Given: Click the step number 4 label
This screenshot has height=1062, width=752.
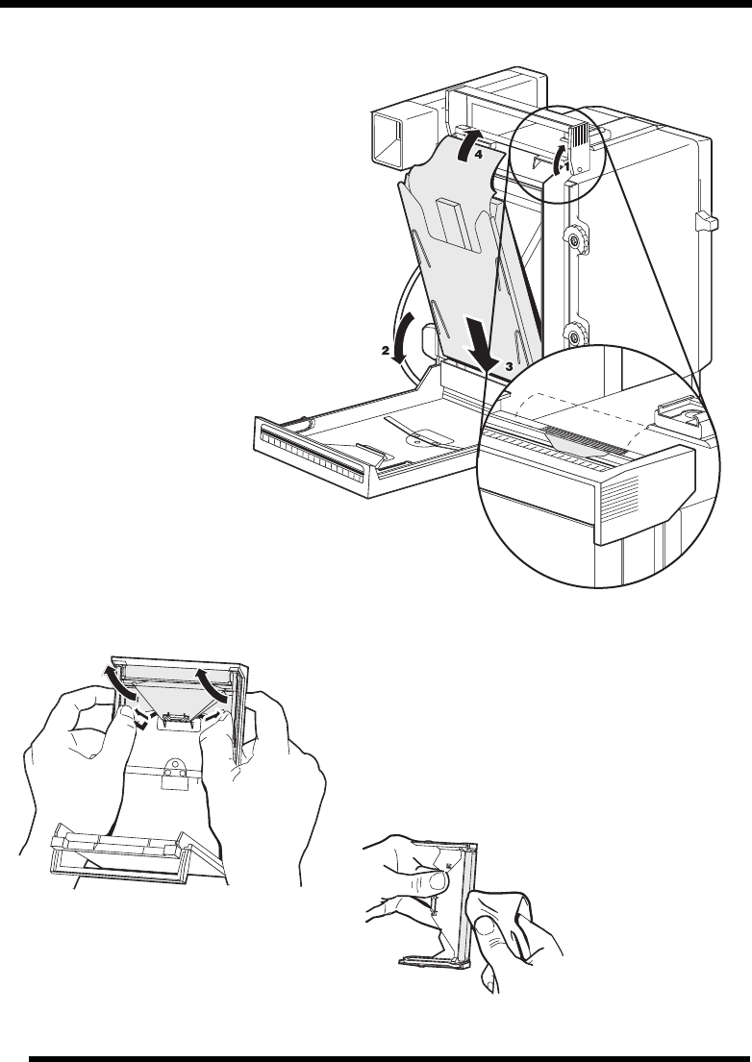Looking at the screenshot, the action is tap(478, 155).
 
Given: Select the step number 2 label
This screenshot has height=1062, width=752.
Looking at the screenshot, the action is tap(385, 351).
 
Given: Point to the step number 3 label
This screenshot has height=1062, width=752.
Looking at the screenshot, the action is tap(508, 366).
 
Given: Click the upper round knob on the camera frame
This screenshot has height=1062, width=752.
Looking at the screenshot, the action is tap(574, 239).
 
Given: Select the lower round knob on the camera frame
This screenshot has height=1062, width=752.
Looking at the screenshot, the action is tap(574, 333).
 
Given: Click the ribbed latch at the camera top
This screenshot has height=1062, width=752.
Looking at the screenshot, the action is tap(582, 146).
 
